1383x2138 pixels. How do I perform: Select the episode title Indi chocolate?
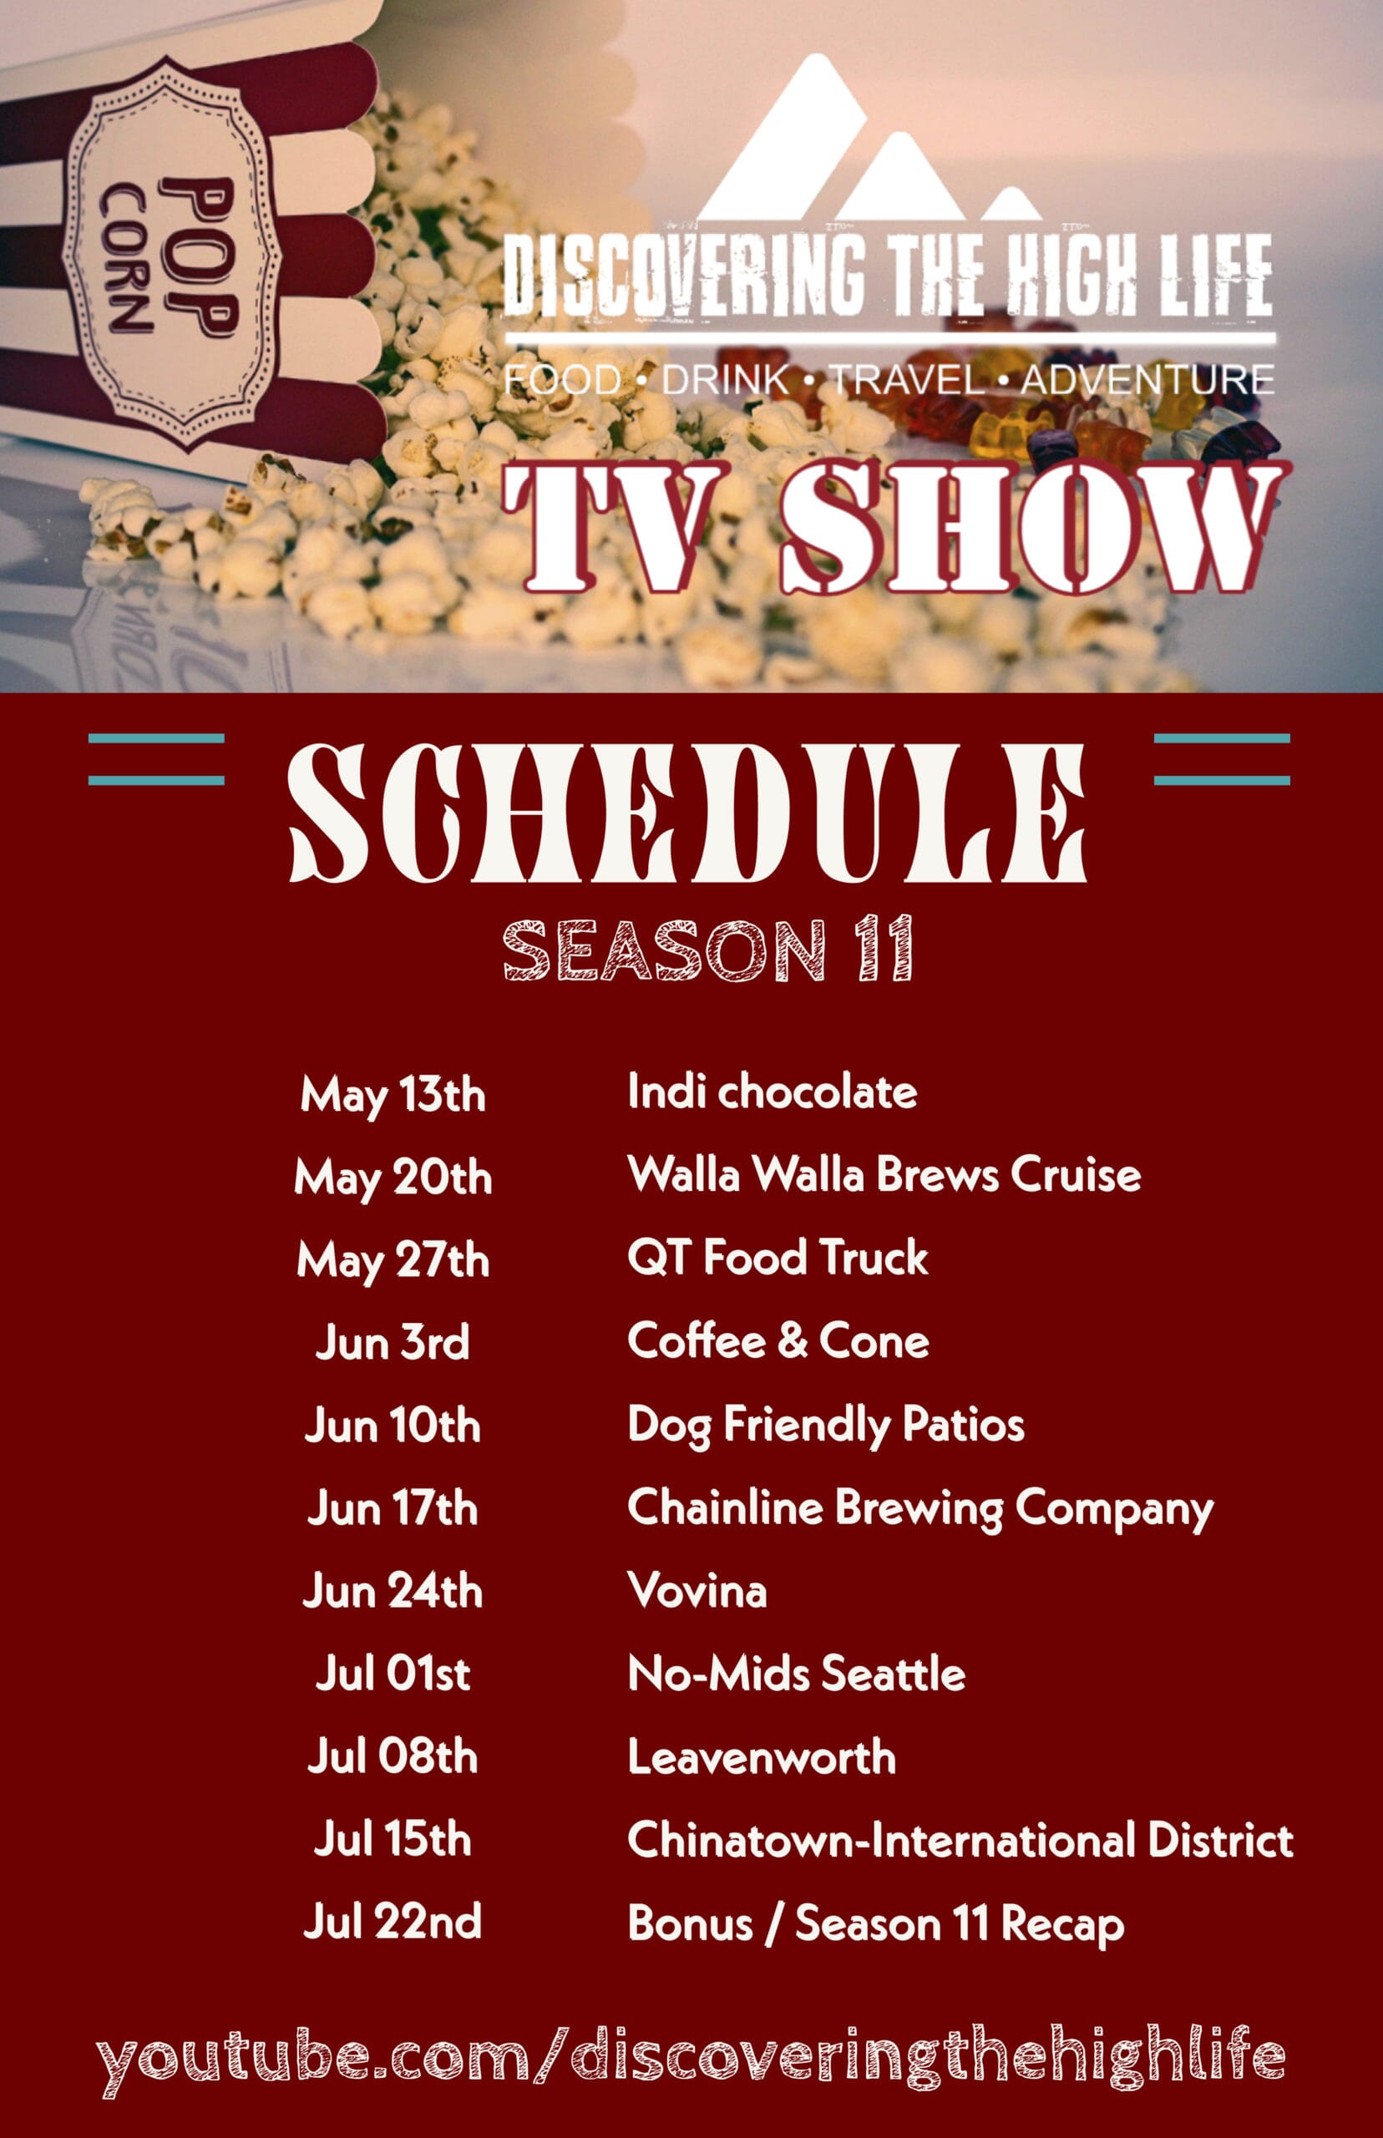coord(773,1092)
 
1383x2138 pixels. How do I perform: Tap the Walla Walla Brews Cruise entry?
coord(884,1174)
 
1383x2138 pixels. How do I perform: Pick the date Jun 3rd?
coord(393,1342)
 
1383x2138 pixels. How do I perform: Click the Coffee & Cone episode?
coord(778,1340)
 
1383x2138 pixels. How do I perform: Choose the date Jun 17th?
coord(393,1507)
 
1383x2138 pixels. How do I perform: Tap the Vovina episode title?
coord(697,1590)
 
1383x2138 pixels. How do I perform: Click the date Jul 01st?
coord(393,1674)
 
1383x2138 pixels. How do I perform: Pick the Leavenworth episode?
coord(762,1756)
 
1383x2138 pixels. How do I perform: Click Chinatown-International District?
coord(961,1839)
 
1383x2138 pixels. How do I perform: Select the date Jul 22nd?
coord(393,1923)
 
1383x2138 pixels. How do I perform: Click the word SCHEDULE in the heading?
coord(688,813)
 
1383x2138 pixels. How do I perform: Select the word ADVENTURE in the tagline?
coord(1147,380)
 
